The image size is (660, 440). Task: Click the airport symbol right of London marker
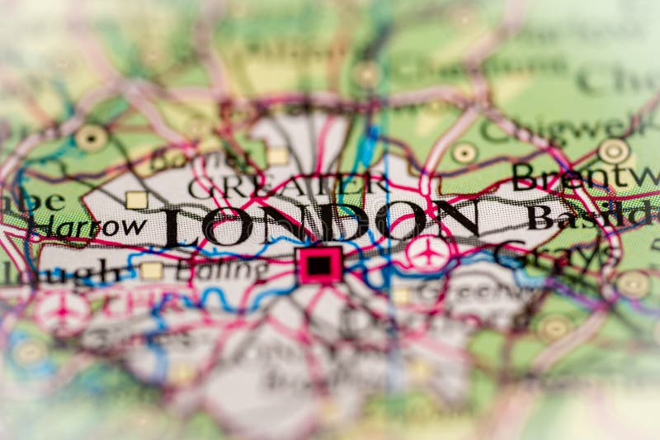pyautogui.click(x=428, y=251)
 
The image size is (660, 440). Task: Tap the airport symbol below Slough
pyautogui.click(x=62, y=311)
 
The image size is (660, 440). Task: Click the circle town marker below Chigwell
pyautogui.click(x=464, y=153)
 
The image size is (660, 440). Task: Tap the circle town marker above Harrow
pyautogui.click(x=91, y=138)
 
